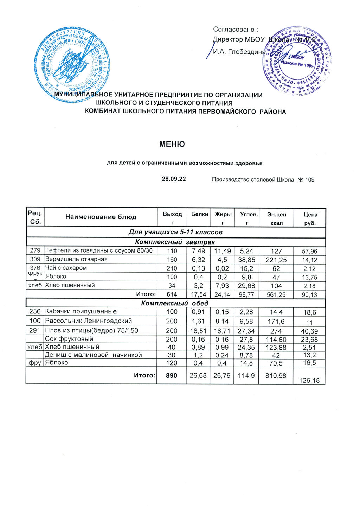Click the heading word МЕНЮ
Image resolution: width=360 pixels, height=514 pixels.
(x=172, y=144)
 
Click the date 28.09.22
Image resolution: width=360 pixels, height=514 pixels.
(x=174, y=179)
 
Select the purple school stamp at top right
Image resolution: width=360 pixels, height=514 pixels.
(x=297, y=61)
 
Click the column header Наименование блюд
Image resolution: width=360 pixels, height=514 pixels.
(x=101, y=217)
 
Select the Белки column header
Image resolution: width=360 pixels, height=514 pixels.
(x=200, y=214)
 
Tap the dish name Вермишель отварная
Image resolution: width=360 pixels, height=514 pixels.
(x=76, y=259)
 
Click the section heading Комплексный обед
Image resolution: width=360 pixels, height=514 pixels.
(x=175, y=303)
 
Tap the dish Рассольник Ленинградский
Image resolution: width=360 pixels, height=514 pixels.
(x=89, y=321)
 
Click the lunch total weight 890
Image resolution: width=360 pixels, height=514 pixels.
(x=172, y=376)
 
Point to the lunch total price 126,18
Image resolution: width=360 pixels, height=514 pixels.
(x=309, y=380)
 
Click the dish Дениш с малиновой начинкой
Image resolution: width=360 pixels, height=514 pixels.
(x=94, y=355)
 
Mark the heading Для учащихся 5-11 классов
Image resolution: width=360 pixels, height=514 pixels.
(x=175, y=232)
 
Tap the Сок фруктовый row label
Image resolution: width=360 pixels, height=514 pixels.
(x=69, y=339)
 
